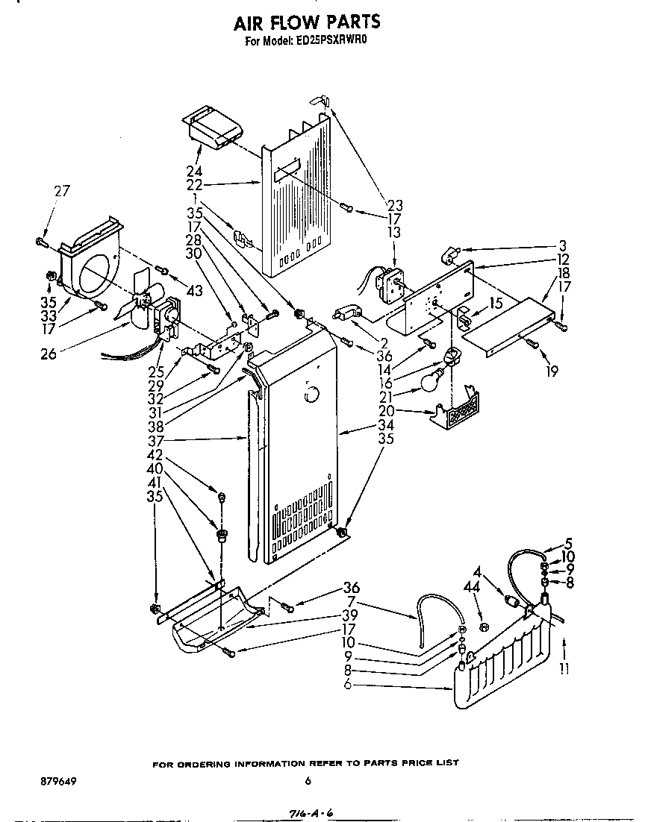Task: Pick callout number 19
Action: click(552, 371)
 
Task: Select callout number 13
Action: click(393, 233)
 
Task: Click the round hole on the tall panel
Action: click(311, 392)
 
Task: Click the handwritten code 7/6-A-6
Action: click(308, 812)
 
